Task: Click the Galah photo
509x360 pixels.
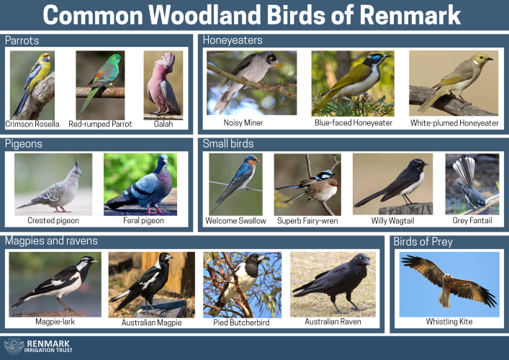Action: tap(163, 86)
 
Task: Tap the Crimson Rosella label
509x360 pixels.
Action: tap(32, 124)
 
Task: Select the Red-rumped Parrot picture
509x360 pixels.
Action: tap(100, 86)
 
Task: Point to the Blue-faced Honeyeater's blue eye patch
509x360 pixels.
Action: tap(377, 59)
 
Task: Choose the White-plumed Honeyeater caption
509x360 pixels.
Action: tap(454, 123)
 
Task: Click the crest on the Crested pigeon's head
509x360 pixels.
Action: tap(77, 164)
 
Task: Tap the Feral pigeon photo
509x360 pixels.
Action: tap(140, 184)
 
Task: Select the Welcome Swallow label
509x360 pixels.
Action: tap(235, 221)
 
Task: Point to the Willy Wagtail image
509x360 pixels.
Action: tap(393, 184)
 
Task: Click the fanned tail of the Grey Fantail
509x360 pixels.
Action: tap(465, 171)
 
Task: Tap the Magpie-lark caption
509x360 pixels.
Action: tap(55, 322)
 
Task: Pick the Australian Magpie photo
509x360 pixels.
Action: tap(152, 284)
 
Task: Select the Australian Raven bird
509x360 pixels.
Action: tap(334, 281)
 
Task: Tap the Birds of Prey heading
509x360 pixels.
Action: tap(423, 242)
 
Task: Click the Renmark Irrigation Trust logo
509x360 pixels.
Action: tap(38, 346)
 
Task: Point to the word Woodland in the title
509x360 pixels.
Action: tap(205, 15)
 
